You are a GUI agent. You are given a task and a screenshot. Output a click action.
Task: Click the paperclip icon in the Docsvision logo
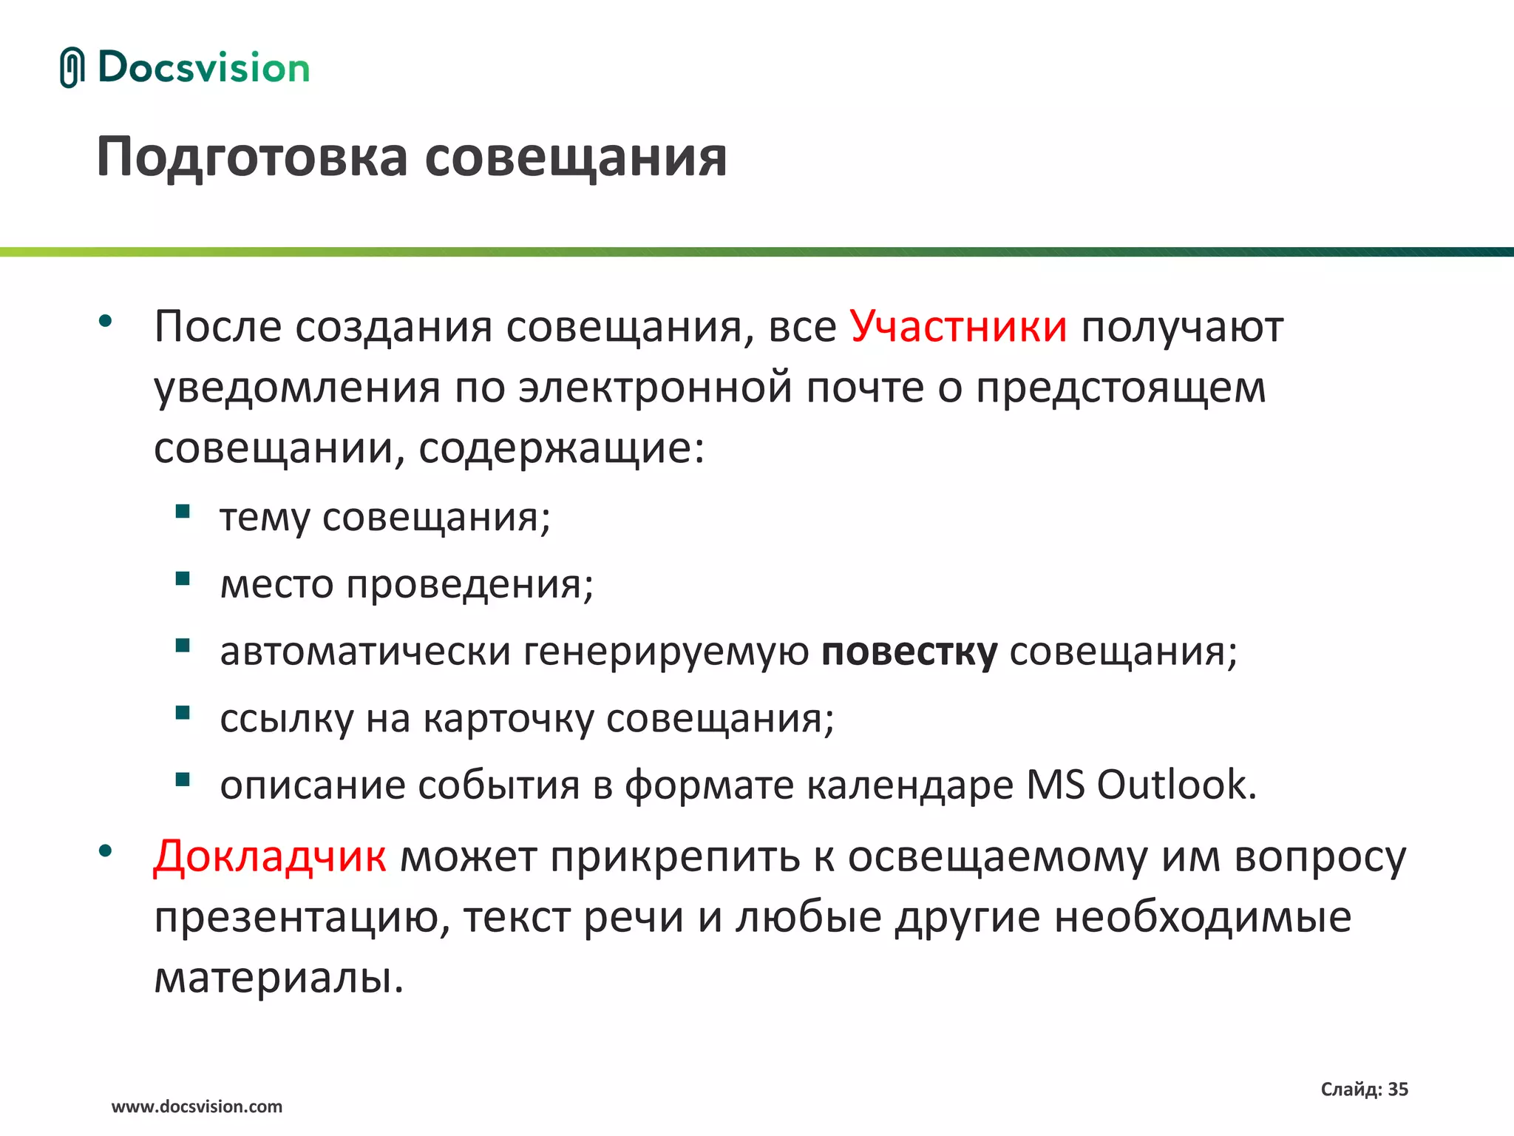(72, 67)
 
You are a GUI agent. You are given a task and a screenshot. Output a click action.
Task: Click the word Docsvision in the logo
(203, 68)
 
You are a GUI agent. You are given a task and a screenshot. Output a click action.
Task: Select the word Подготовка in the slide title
(252, 158)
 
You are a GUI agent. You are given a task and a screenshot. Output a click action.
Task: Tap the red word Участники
(958, 326)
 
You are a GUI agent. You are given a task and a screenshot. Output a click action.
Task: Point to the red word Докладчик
(269, 857)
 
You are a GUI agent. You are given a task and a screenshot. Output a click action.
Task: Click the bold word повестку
(909, 652)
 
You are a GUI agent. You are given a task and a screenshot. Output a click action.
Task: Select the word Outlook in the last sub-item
(1175, 785)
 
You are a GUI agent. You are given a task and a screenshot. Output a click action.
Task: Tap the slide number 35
(1398, 1089)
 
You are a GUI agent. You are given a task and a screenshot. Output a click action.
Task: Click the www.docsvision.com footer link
(197, 1107)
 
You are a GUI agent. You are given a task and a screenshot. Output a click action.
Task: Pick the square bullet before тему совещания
(183, 512)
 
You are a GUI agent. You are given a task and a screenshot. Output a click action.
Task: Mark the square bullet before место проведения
(183, 578)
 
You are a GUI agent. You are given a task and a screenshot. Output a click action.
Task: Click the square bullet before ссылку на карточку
(183, 713)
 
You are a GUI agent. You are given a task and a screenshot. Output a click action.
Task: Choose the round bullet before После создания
(105, 321)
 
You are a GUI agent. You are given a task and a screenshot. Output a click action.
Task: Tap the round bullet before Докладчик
(105, 851)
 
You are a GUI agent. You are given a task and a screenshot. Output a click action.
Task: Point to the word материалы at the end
(279, 978)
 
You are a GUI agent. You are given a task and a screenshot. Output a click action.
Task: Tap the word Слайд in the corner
(1350, 1089)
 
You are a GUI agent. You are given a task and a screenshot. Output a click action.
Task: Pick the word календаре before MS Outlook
(909, 785)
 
